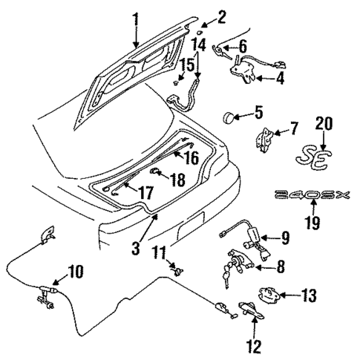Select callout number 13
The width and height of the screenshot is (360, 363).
[310, 296]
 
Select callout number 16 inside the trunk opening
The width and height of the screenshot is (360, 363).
[191, 158]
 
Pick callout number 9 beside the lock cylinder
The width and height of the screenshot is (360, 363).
[285, 238]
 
